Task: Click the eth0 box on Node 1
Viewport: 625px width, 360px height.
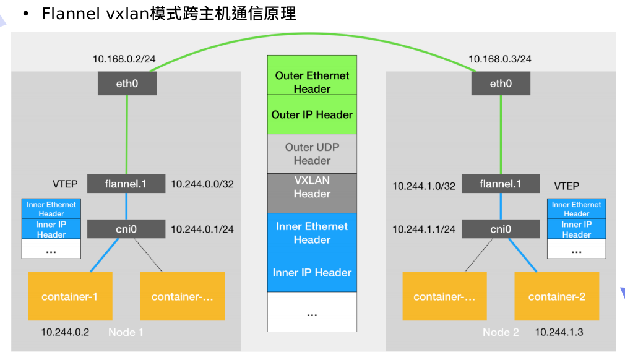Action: (x=127, y=84)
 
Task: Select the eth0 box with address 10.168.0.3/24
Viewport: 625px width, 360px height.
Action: (x=501, y=84)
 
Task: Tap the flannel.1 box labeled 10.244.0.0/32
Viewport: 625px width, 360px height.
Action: (x=126, y=184)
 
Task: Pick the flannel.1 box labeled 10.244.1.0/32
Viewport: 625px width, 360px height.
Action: (x=501, y=184)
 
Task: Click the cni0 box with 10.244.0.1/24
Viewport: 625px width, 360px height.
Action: (x=126, y=229)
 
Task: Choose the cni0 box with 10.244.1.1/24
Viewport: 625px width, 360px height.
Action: (x=501, y=229)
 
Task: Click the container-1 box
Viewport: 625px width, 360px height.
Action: (x=69, y=296)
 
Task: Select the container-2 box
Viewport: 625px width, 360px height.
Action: (x=556, y=296)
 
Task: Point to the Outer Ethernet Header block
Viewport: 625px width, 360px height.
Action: (x=312, y=75)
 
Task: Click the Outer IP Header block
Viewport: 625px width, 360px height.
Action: (x=312, y=114)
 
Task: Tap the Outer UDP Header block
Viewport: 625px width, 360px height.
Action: (x=312, y=153)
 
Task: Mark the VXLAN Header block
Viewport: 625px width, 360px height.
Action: (x=312, y=192)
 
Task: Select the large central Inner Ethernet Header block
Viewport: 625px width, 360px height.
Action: (x=312, y=233)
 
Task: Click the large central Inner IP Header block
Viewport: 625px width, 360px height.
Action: (x=312, y=272)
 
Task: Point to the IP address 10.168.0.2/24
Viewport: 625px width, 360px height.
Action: (x=124, y=59)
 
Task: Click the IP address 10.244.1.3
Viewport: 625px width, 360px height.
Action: (x=559, y=332)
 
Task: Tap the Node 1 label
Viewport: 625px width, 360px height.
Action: (x=126, y=332)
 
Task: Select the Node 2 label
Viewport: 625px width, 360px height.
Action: (x=501, y=332)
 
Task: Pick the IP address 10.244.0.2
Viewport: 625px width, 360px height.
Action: (x=65, y=332)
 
